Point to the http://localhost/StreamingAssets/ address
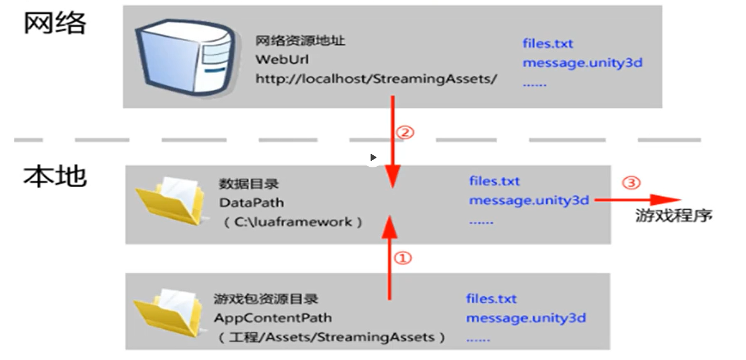tap(376, 79)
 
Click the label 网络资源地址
tap(300, 41)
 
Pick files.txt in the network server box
tap(548, 43)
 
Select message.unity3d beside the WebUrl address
tap(582, 62)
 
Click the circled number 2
tap(405, 133)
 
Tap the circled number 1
tap(404, 258)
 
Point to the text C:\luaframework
tap(292, 222)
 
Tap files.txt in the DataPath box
tap(494, 181)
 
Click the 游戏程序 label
tap(674, 216)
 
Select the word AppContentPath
tap(273, 318)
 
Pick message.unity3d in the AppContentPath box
tap(526, 318)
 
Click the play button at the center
tap(373, 157)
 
